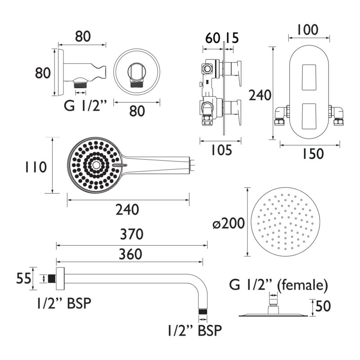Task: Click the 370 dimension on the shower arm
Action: coord(132,234)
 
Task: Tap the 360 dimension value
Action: coord(130,254)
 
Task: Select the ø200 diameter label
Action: coord(229,223)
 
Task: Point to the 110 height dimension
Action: coord(36,167)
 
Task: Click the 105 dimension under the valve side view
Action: coord(221,150)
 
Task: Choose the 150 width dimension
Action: coord(313,153)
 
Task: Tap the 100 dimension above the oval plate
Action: coord(308,30)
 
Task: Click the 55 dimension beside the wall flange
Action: coord(23,279)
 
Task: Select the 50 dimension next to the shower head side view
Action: coord(323,306)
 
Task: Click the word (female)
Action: coord(302,286)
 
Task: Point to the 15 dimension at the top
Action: coord(232,38)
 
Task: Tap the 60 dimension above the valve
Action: coord(213,38)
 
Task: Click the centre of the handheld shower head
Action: coord(96,165)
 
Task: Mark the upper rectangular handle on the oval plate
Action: coord(309,77)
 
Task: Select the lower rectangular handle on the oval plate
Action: coord(309,117)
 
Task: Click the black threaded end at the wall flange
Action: coord(52,279)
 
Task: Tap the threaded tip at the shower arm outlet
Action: coord(203,311)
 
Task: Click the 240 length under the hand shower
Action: coord(127,210)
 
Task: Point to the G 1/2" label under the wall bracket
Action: coord(85,106)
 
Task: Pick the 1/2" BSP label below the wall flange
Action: coord(64,303)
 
